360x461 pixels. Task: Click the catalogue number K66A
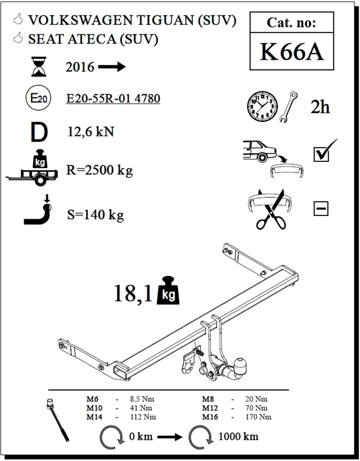[x=292, y=52]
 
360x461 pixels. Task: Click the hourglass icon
[x=39, y=67]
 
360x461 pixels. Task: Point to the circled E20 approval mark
[x=39, y=98]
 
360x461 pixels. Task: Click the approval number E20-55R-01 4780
[x=113, y=98]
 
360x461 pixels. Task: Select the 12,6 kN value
[x=91, y=131]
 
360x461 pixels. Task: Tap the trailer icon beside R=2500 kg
[x=32, y=176]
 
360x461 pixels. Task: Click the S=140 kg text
[x=95, y=215]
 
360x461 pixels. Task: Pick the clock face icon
[x=262, y=106]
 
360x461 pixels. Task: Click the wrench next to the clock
[x=288, y=107]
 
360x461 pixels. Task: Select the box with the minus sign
[x=321, y=209]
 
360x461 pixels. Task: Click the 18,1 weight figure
[x=133, y=293]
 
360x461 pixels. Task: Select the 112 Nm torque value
[x=143, y=417]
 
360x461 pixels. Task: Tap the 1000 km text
[x=239, y=437]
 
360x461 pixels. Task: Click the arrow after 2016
[x=112, y=67]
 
